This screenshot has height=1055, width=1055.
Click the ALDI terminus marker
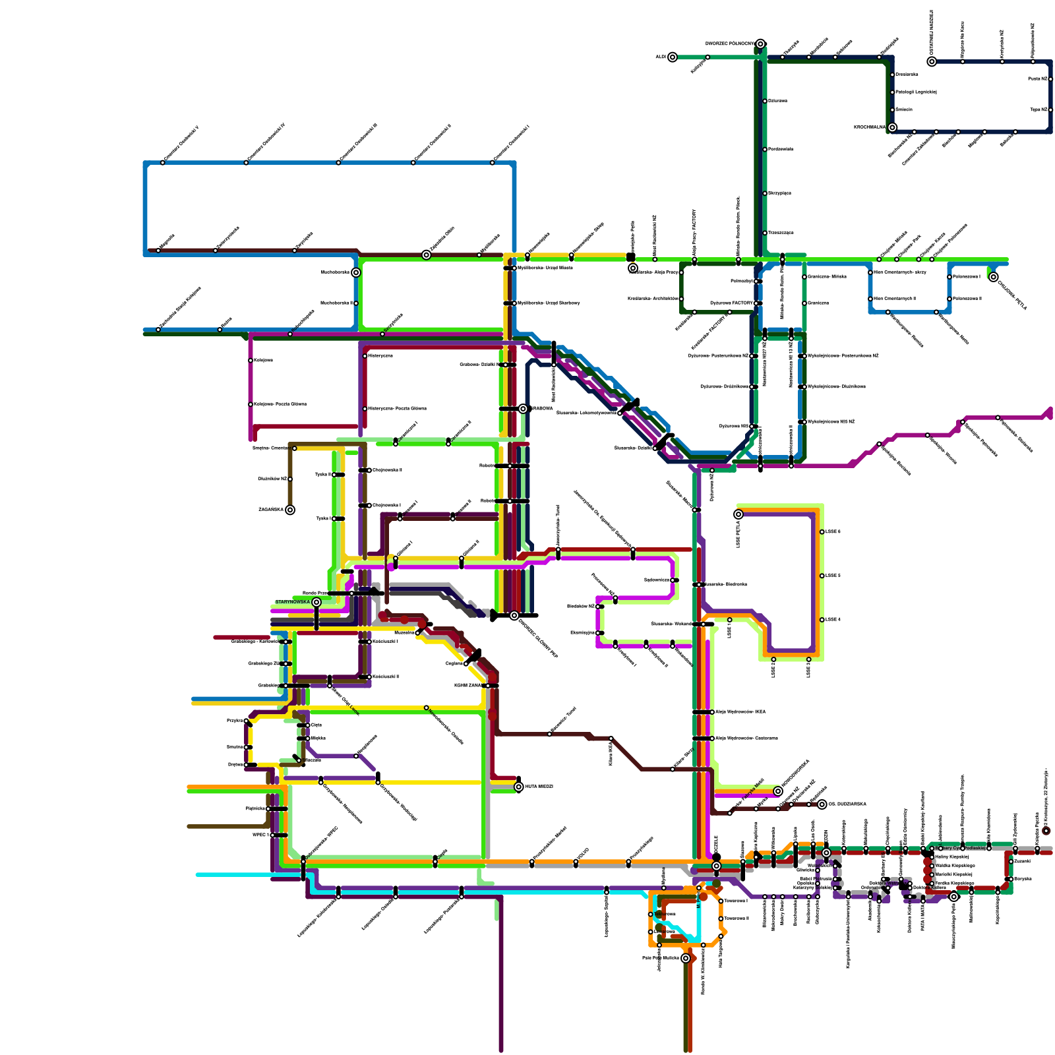click(x=672, y=57)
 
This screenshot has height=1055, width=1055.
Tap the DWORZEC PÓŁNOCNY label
click(x=729, y=44)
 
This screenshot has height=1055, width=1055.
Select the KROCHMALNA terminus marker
click(x=892, y=128)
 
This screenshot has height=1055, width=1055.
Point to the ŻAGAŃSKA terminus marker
click(x=290, y=510)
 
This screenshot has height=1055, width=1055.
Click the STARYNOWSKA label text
click(x=292, y=602)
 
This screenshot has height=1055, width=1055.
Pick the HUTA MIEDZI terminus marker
click(x=519, y=787)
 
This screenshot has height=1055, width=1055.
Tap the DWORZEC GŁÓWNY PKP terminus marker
click(x=514, y=616)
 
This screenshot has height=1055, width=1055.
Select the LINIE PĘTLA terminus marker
click(x=738, y=514)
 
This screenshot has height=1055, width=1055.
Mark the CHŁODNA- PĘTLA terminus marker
click(x=994, y=277)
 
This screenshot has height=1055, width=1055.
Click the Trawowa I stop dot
click(x=721, y=901)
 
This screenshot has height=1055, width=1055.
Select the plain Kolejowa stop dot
click(x=251, y=361)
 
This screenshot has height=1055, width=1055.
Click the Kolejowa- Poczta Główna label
click(x=280, y=404)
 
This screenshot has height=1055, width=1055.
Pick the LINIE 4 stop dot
click(x=822, y=620)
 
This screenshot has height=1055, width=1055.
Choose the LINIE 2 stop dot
click(x=773, y=659)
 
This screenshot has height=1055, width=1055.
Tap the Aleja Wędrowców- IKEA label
click(x=740, y=712)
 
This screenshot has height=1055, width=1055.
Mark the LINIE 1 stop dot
click(x=729, y=620)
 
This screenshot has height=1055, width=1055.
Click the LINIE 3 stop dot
click(x=808, y=659)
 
